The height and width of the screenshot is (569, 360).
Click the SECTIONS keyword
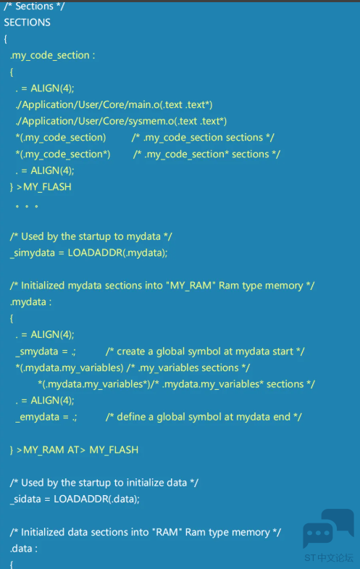[28, 22]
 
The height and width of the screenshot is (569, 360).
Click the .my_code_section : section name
[53, 55]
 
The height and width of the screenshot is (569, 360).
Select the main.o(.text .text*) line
[114, 105]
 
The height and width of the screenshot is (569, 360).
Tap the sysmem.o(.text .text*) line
[121, 121]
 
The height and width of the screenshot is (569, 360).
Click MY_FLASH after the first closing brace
[47, 187]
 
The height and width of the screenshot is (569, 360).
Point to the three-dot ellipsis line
[27, 207]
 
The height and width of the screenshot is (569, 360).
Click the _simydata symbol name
[33, 253]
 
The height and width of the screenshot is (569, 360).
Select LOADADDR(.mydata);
[118, 252]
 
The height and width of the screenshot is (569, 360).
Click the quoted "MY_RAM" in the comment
[191, 286]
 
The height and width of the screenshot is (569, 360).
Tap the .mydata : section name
[31, 302]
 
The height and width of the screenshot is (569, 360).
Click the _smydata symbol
[37, 352]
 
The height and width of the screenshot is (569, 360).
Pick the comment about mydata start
[205, 352]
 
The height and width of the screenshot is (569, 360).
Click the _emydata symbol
[38, 418]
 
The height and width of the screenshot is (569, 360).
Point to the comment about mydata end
[204, 418]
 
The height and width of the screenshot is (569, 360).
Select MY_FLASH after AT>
[114, 450]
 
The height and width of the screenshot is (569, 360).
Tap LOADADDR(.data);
[96, 499]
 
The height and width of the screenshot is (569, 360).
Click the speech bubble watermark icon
[328, 528]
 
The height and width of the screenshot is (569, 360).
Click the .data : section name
[24, 549]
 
